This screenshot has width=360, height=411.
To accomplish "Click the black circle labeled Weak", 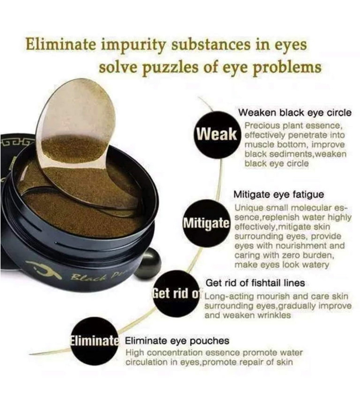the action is click(x=217, y=135).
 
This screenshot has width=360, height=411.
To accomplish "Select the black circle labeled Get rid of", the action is click(x=176, y=293).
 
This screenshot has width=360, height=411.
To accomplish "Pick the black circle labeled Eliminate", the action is click(x=95, y=341).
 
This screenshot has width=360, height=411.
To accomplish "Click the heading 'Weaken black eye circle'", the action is click(x=295, y=113).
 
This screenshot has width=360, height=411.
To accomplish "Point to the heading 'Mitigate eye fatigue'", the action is click(x=279, y=195).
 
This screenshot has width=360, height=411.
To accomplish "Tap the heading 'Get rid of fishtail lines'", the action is click(x=255, y=283).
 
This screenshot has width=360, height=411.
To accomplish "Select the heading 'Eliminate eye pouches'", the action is click(x=177, y=341).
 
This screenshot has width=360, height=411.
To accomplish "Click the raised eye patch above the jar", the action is click(x=76, y=126).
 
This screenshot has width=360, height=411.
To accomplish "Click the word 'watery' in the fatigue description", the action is click(x=316, y=265).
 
